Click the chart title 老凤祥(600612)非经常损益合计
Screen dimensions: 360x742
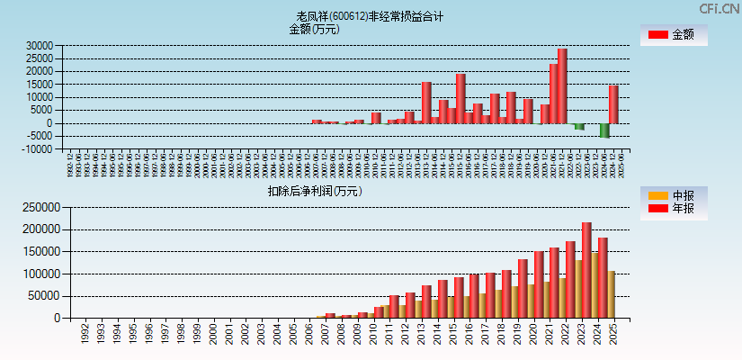click(370, 16)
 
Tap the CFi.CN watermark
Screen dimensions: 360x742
click(719, 8)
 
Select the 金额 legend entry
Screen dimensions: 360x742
click(673, 34)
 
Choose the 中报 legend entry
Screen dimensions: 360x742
click(673, 195)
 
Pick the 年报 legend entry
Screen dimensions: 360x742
click(673, 209)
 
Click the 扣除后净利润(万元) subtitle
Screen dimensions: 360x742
click(314, 191)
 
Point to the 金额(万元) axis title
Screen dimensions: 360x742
click(314, 29)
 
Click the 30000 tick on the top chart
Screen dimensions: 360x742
click(40, 46)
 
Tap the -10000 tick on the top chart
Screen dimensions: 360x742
click(37, 149)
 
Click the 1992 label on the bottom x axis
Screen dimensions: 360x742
click(85, 336)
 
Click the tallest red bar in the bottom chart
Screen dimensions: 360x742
click(586, 270)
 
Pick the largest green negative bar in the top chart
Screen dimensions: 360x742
click(604, 130)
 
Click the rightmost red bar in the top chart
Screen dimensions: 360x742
click(613, 104)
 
